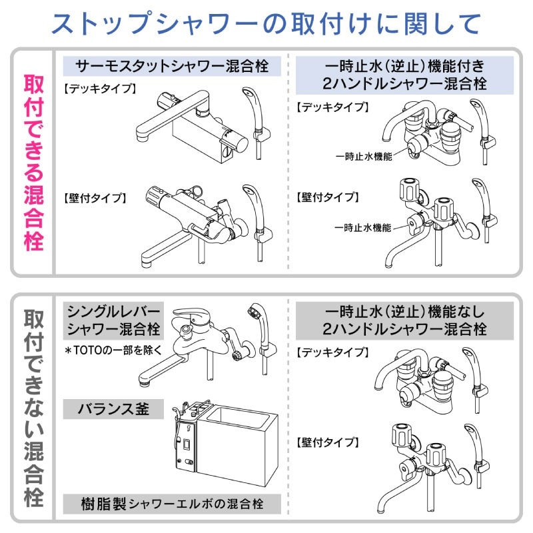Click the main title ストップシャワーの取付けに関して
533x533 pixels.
point(266,24)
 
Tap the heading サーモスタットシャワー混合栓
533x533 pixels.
point(172,66)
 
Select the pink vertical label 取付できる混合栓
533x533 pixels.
point(34,163)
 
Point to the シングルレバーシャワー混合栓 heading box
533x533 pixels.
point(113,320)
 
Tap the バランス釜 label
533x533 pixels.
point(113,409)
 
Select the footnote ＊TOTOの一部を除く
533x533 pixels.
point(113,350)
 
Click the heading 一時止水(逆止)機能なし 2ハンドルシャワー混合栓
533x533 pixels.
point(404,320)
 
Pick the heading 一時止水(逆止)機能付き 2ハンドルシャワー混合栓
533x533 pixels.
point(404,75)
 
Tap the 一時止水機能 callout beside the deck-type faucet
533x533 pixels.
point(364,157)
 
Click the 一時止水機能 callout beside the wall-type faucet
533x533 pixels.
point(362,227)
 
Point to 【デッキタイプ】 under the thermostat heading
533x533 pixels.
point(100,89)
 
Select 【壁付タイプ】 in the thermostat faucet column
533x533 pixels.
point(95,198)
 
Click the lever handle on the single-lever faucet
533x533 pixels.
point(191,315)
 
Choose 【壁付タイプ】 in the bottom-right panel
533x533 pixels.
point(328,442)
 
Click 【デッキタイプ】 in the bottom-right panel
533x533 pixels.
point(332,352)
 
